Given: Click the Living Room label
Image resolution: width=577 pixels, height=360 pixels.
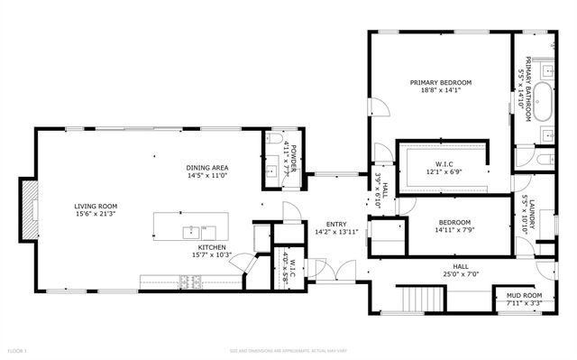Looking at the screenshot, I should (x=96, y=206).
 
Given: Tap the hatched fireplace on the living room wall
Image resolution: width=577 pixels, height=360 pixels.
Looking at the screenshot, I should (x=29, y=210).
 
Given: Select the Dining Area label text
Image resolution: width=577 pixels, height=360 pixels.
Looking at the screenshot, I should (x=206, y=168).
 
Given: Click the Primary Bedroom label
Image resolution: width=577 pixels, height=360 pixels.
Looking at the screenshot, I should (x=441, y=82).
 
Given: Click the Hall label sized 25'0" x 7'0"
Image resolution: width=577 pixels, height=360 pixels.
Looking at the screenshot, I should (x=461, y=269).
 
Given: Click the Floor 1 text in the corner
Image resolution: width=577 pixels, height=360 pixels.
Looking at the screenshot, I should (x=16, y=350).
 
